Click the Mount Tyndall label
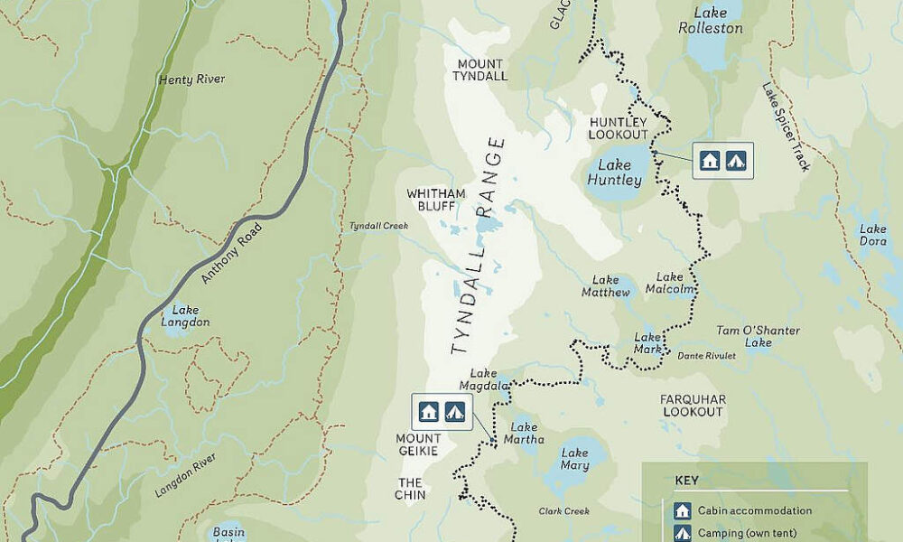[x=482, y=70]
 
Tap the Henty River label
[x=191, y=79]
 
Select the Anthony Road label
[x=231, y=253]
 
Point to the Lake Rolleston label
[x=710, y=21]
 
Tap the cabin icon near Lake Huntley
[x=710, y=161]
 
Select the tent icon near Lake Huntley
[x=736, y=161]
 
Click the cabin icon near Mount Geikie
[x=429, y=412]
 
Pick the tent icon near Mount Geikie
[x=454, y=412]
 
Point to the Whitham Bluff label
[x=435, y=200]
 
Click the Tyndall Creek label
[x=373, y=226]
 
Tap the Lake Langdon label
[x=185, y=316]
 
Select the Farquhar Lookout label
[x=692, y=405]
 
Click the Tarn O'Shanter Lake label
[x=758, y=336]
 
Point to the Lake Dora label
[x=872, y=236]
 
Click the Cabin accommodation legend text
[x=754, y=510]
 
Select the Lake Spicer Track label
[x=786, y=126]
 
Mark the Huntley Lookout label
[x=619, y=127]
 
